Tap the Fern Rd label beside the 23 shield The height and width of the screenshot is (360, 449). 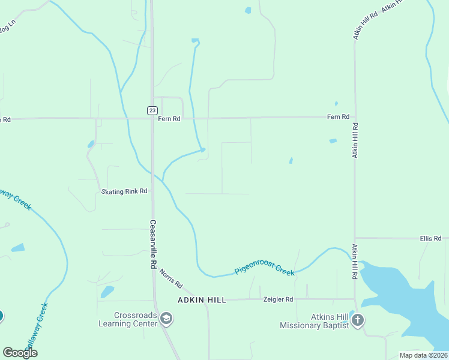click(169, 119)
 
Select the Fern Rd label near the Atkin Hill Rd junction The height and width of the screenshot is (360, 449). click(338, 117)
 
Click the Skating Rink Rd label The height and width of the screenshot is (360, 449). click(124, 191)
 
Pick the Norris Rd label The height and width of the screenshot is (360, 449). click(170, 278)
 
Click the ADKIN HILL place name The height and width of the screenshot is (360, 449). click(202, 299)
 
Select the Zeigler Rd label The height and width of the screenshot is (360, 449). click(278, 299)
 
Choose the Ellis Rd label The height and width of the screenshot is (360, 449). click(430, 238)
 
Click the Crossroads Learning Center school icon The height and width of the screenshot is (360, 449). click(167, 319)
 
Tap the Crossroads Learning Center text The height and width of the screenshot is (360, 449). click(128, 319)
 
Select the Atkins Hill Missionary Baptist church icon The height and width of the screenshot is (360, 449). click(358, 320)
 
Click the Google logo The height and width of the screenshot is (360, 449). click(20, 353)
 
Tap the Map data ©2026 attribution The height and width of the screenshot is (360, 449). click(423, 355)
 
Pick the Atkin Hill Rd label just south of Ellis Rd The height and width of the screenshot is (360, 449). click(355, 262)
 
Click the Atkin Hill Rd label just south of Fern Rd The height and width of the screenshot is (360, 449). click(355, 140)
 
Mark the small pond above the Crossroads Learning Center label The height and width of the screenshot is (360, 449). click(107, 292)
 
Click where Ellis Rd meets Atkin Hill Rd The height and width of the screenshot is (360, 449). click(355, 238)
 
